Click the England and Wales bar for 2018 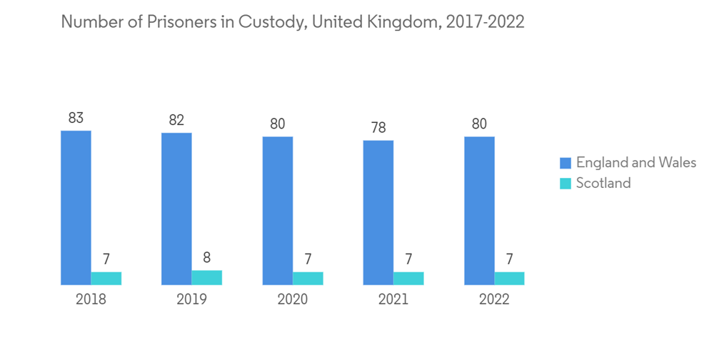[76, 208]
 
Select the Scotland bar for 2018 [106, 279]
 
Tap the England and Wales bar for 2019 [176, 209]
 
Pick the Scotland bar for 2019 [207, 278]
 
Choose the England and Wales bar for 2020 [278, 211]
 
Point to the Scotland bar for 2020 [308, 279]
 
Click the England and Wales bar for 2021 [378, 213]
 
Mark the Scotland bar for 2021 [408, 279]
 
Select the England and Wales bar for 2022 [479, 211]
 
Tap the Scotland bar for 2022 [509, 279]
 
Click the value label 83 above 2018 [76, 118]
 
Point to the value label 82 [176, 120]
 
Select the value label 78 [378, 128]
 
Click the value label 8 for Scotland [207, 258]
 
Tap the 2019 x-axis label [191, 299]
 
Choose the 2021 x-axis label [393, 299]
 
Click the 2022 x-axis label [494, 299]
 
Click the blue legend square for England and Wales [565, 163]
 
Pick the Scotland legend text [603, 183]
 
